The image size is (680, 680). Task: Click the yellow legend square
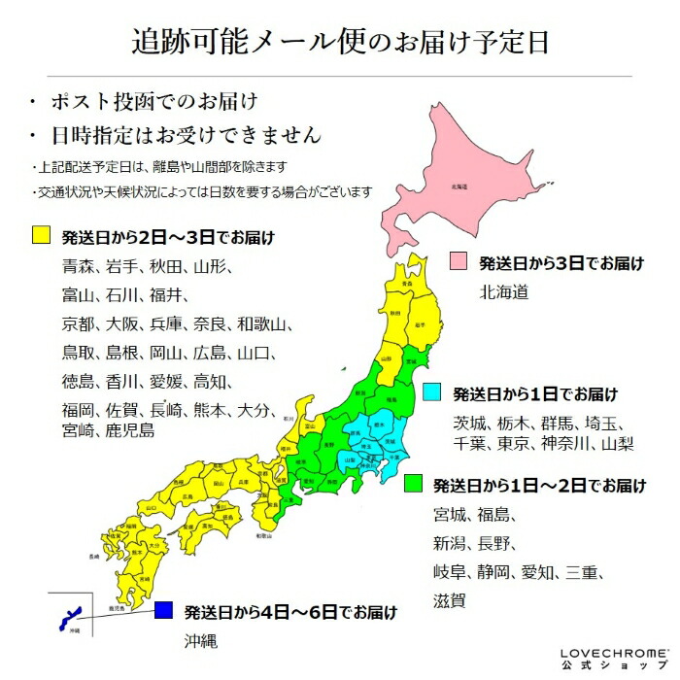(41, 235)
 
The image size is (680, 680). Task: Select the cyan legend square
(432, 393)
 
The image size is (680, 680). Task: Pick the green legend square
(413, 483)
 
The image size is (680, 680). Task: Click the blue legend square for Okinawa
(163, 611)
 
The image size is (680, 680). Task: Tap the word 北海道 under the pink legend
(503, 291)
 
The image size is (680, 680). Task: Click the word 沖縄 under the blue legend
(200, 641)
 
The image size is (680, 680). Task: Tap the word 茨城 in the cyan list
(473, 423)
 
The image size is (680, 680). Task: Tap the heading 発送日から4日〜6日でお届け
(290, 612)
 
